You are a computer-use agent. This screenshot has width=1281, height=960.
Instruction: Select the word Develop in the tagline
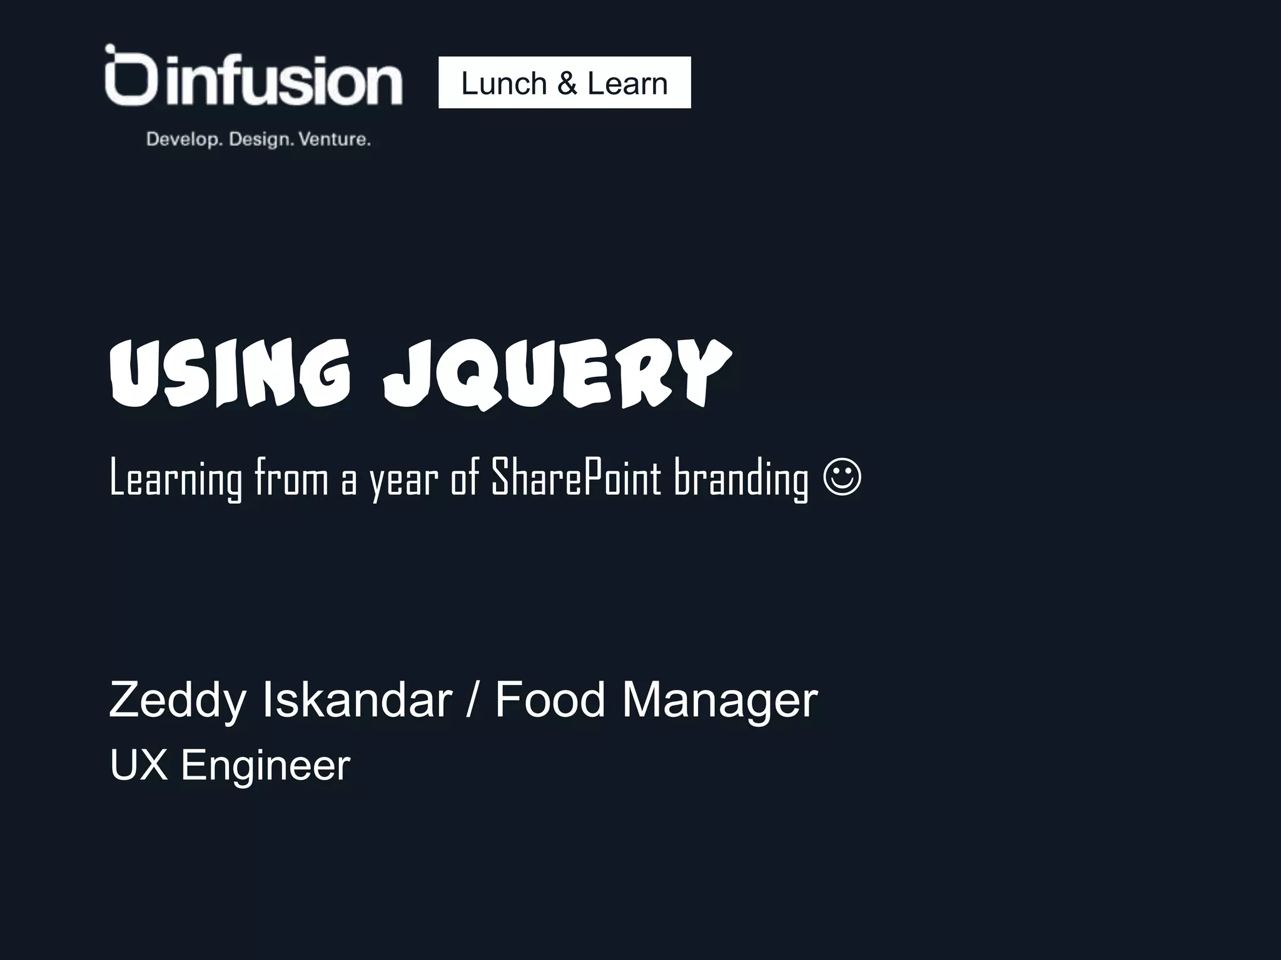pos(185,139)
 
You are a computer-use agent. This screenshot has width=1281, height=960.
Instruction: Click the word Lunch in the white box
pos(504,83)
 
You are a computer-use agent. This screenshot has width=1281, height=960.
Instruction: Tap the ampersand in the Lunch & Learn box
pos(567,83)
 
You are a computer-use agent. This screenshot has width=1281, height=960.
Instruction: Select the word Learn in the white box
pos(627,83)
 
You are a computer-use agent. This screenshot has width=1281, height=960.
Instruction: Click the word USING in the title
pos(230,373)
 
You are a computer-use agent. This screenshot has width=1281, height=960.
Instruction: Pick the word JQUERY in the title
pos(557,373)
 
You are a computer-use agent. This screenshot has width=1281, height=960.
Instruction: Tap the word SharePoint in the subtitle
pos(576,478)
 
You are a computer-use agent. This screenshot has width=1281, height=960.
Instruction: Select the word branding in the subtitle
pos(741,478)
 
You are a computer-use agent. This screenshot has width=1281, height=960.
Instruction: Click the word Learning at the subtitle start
pos(176,478)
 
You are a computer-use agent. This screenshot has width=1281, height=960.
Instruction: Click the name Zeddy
pos(178,700)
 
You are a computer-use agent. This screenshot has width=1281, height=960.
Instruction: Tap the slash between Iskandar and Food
pos(473,700)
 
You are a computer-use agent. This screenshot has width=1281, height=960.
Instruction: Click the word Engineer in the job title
pos(265,765)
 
